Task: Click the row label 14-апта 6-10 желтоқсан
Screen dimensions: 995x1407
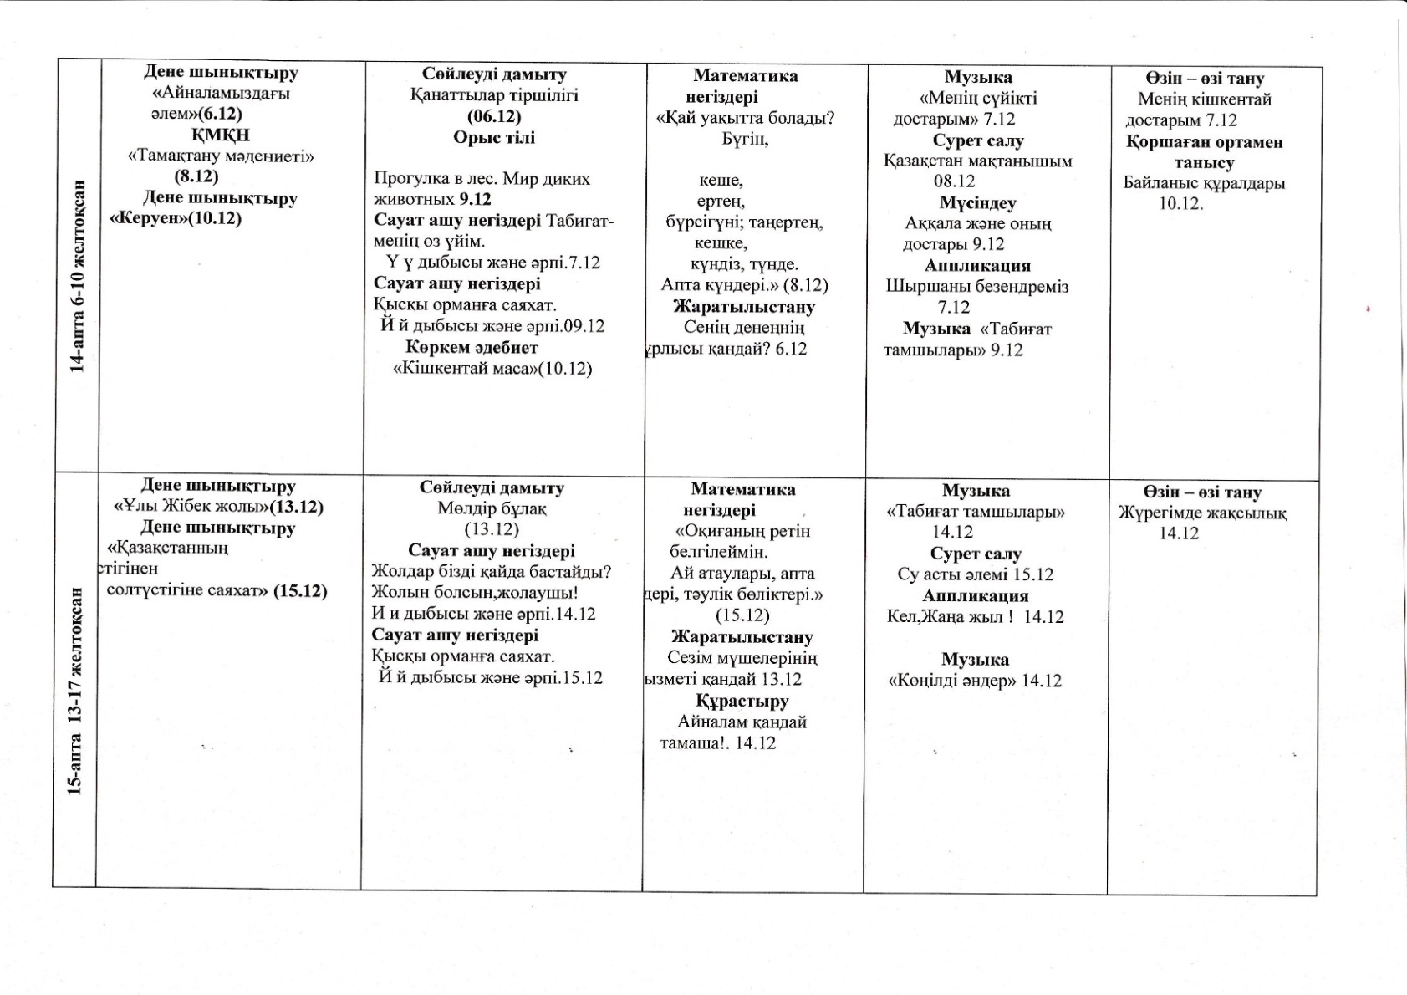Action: pyautogui.click(x=78, y=276)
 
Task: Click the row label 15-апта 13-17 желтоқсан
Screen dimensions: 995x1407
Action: pyautogui.click(x=75, y=690)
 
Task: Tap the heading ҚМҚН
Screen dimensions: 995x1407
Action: pyautogui.click(x=221, y=135)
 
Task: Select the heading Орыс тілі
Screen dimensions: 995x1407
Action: pyautogui.click(x=494, y=137)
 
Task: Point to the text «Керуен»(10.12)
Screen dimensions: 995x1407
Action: pyautogui.click(x=176, y=218)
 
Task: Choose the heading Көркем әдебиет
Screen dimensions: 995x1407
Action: pyautogui.click(x=472, y=347)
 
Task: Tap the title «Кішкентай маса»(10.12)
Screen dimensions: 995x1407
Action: pyautogui.click(x=492, y=369)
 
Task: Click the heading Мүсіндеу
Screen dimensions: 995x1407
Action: pyautogui.click(x=977, y=203)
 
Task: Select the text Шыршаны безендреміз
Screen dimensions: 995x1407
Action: pyautogui.click(x=977, y=287)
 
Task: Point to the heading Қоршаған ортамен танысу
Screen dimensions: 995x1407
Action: pyautogui.click(x=1204, y=152)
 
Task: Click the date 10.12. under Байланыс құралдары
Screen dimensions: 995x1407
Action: pyautogui.click(x=1181, y=203)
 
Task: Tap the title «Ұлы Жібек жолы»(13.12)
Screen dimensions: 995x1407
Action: pyautogui.click(x=218, y=507)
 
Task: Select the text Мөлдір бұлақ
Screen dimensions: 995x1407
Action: pyautogui.click(x=492, y=508)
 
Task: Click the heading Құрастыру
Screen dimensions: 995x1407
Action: pyautogui.click(x=742, y=701)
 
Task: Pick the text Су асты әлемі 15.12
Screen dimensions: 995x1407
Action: pyautogui.click(x=976, y=574)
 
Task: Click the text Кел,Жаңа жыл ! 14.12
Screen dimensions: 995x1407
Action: pyautogui.click(x=976, y=617)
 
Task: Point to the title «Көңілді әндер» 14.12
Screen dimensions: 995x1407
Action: pyautogui.click(x=975, y=681)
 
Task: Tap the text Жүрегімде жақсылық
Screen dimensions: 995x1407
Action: pyautogui.click(x=1202, y=513)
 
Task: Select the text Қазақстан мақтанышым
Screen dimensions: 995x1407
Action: pyautogui.click(x=978, y=161)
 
